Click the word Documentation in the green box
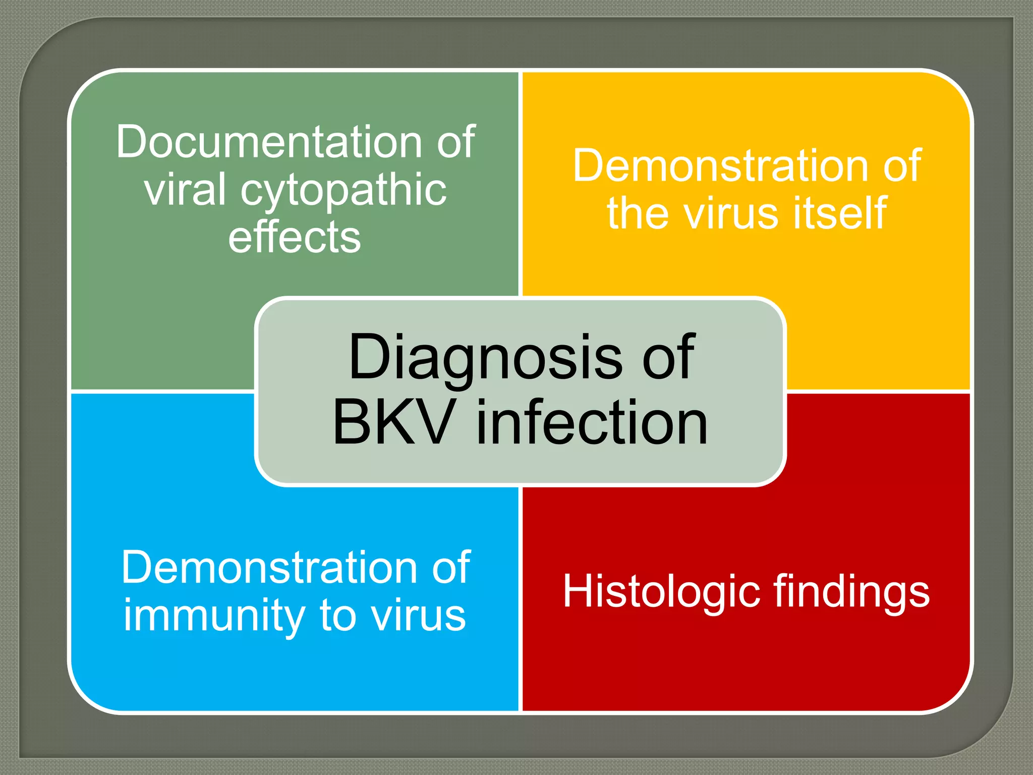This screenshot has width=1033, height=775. (268, 142)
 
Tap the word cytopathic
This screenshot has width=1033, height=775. (343, 192)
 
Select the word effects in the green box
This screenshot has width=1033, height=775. (295, 237)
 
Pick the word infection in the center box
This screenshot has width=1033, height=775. (592, 423)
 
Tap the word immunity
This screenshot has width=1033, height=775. (212, 617)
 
